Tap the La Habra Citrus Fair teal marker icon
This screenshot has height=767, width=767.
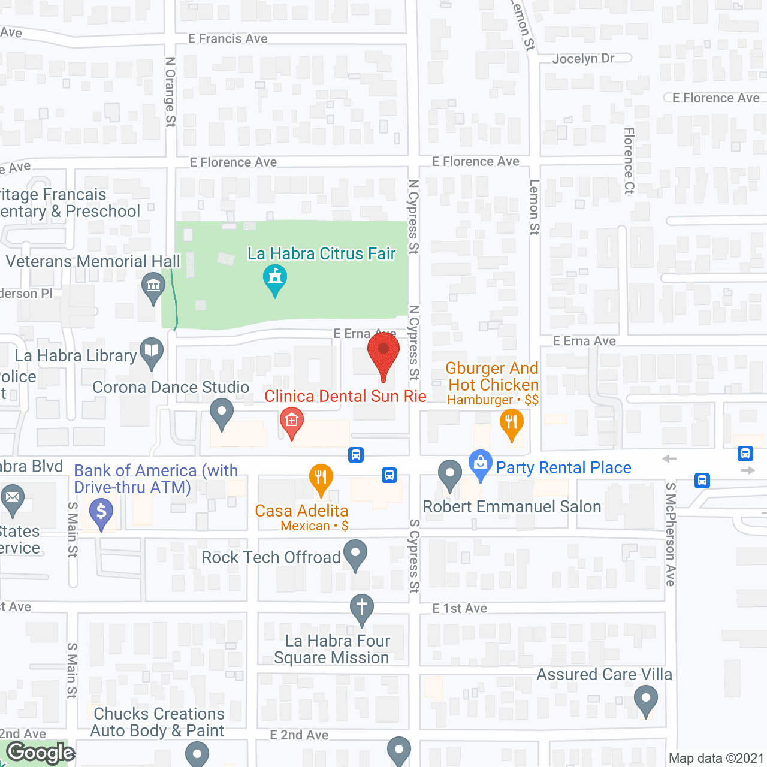tap(275, 278)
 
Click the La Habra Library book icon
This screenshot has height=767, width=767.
tap(152, 351)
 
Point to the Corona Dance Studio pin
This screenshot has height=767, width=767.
tap(222, 412)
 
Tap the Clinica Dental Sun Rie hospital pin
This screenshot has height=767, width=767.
tap(292, 421)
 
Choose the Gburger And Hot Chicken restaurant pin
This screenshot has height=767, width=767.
tap(512, 422)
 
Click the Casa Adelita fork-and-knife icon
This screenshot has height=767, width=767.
tap(321, 478)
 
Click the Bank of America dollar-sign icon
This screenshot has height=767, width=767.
tap(101, 512)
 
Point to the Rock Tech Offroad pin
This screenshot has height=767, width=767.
tap(355, 554)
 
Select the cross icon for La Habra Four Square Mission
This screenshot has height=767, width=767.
tap(362, 608)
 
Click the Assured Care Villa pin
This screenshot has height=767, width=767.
tap(645, 699)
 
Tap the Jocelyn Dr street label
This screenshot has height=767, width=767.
tap(583, 59)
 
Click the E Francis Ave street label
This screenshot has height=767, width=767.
tap(228, 39)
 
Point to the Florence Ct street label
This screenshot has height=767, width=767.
tap(629, 161)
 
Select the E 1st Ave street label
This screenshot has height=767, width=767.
tap(460, 609)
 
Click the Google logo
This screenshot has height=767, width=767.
tap(41, 753)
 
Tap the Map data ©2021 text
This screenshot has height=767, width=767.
tap(716, 759)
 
